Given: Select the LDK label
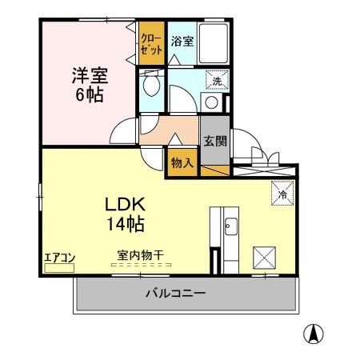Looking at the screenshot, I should point(121,205).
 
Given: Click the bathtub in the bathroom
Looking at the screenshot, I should point(213,44).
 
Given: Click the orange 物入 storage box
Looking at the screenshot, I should point(182,162).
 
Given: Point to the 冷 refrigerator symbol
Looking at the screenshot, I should point(282,192).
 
